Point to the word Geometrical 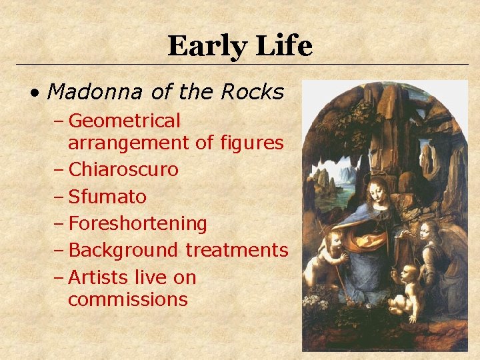(x=124, y=121)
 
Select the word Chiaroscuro (x=123, y=170)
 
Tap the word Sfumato (x=107, y=197)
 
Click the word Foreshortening (x=137, y=224)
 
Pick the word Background (x=123, y=251)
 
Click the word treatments (x=237, y=251)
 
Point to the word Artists (x=98, y=277)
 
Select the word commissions (x=128, y=299)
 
